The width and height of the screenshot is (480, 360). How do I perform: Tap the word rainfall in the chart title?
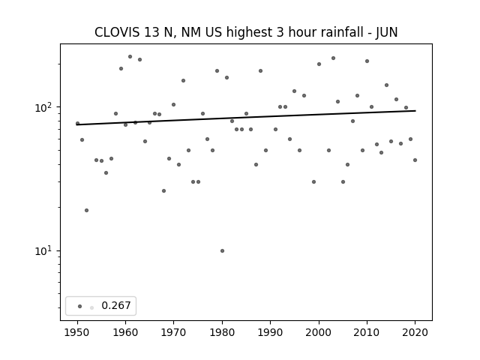[x=340, y=32]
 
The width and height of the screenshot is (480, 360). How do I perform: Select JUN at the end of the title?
[x=387, y=32]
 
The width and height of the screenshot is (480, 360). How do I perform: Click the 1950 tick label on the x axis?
[x=77, y=332]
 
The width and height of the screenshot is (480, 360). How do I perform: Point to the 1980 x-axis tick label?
[x=222, y=332]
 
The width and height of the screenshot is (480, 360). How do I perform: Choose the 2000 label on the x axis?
[x=319, y=332]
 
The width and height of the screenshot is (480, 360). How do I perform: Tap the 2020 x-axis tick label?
[x=415, y=332]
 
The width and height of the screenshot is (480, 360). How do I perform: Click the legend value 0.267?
[x=116, y=305]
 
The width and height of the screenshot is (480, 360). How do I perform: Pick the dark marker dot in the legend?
[x=80, y=306]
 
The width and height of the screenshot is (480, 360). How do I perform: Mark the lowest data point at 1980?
[x=222, y=250]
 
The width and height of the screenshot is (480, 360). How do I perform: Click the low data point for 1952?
[x=87, y=210]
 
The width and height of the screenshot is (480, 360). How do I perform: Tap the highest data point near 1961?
[x=130, y=57]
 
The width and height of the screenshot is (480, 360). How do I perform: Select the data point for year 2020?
[x=415, y=160]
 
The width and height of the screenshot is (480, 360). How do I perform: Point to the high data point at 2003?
[x=333, y=58]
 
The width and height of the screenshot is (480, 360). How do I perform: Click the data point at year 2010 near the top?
[x=367, y=61]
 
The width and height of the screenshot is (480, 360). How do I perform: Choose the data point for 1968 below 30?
[x=163, y=190]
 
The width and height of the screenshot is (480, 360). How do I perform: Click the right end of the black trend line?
[x=415, y=111]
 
